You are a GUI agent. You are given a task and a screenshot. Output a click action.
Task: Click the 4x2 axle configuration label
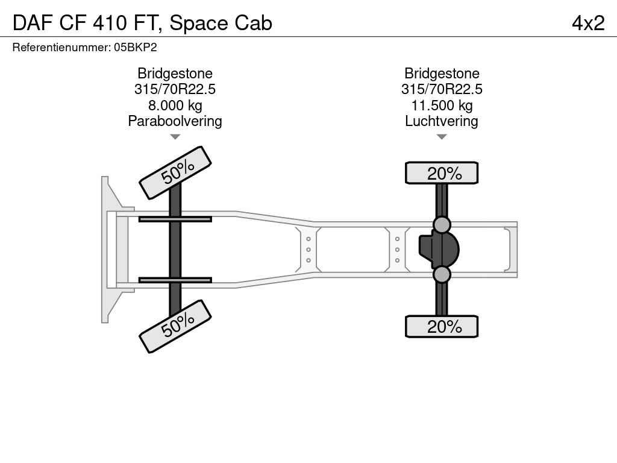588,23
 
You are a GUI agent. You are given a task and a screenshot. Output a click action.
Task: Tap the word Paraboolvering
175,121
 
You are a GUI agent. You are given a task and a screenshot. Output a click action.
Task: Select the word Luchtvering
442,121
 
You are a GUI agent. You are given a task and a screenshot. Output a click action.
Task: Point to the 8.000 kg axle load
175,106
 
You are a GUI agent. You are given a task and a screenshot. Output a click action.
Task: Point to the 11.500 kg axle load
442,106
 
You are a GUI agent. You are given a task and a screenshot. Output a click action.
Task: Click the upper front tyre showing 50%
175,172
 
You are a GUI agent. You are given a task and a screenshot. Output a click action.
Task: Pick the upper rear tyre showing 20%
442,173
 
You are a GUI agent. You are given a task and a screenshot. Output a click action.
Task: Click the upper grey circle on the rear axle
442,225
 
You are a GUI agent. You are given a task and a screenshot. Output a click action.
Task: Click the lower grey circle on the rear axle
442,275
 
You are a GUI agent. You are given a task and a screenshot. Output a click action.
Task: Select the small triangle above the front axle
175,137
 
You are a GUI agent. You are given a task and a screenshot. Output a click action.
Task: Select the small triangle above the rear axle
442,137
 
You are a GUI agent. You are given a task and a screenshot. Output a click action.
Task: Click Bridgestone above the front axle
175,74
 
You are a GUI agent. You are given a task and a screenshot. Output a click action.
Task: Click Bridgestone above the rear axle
442,74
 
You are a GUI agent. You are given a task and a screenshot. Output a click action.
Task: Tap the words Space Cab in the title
221,23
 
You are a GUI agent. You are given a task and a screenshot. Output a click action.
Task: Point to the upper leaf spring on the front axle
175,219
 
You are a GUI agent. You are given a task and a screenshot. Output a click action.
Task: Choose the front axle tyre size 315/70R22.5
175,89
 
